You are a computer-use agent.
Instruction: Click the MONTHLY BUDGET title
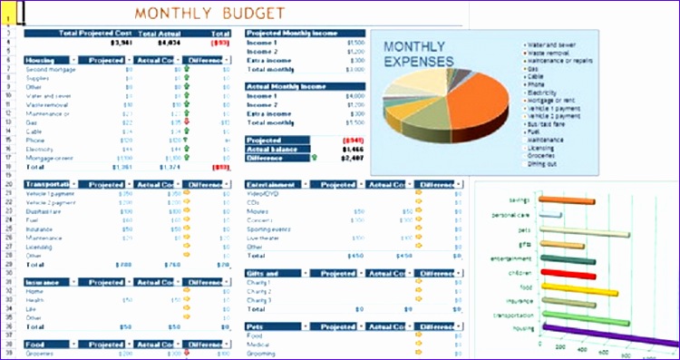point(209,14)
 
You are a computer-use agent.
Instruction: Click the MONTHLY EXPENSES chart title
point(417,54)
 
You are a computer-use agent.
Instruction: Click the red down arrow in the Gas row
point(187,122)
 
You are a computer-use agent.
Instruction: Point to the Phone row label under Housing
point(35,141)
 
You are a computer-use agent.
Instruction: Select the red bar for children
point(566,272)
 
